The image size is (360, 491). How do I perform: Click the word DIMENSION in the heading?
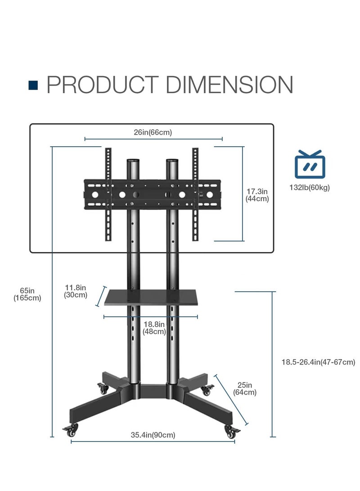(x=229, y=85)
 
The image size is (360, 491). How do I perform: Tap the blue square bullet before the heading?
(x=33, y=86)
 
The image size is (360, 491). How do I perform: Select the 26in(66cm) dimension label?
(x=153, y=132)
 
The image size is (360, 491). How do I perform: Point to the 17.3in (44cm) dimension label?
(x=257, y=195)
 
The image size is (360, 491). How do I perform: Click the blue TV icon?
(x=310, y=165)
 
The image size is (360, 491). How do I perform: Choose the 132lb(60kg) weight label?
(x=310, y=188)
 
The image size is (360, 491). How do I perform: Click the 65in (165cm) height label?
(x=27, y=294)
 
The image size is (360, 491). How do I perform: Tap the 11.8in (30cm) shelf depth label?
(x=75, y=291)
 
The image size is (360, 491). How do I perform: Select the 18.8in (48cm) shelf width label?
(x=154, y=328)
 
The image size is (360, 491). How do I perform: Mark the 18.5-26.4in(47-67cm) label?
(x=318, y=362)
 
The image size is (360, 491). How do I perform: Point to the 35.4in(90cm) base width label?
(x=153, y=435)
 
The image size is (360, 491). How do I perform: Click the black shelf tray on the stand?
(x=152, y=297)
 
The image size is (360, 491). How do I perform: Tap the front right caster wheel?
(x=232, y=432)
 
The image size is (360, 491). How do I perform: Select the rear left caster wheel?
(x=103, y=389)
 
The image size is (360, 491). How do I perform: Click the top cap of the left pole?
(x=132, y=161)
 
